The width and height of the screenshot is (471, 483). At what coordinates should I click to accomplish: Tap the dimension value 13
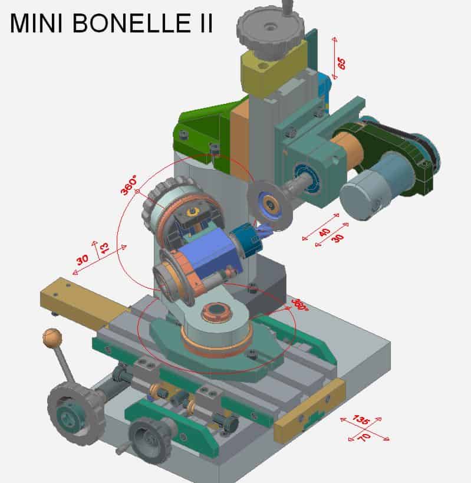point(104,248)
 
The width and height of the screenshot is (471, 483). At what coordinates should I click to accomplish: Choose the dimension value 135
point(361,419)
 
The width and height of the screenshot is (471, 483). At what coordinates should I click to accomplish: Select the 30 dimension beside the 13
point(83,259)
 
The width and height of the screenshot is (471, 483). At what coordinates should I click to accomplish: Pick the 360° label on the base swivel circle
point(300,305)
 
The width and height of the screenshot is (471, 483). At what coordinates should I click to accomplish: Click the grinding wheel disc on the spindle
point(269,203)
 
